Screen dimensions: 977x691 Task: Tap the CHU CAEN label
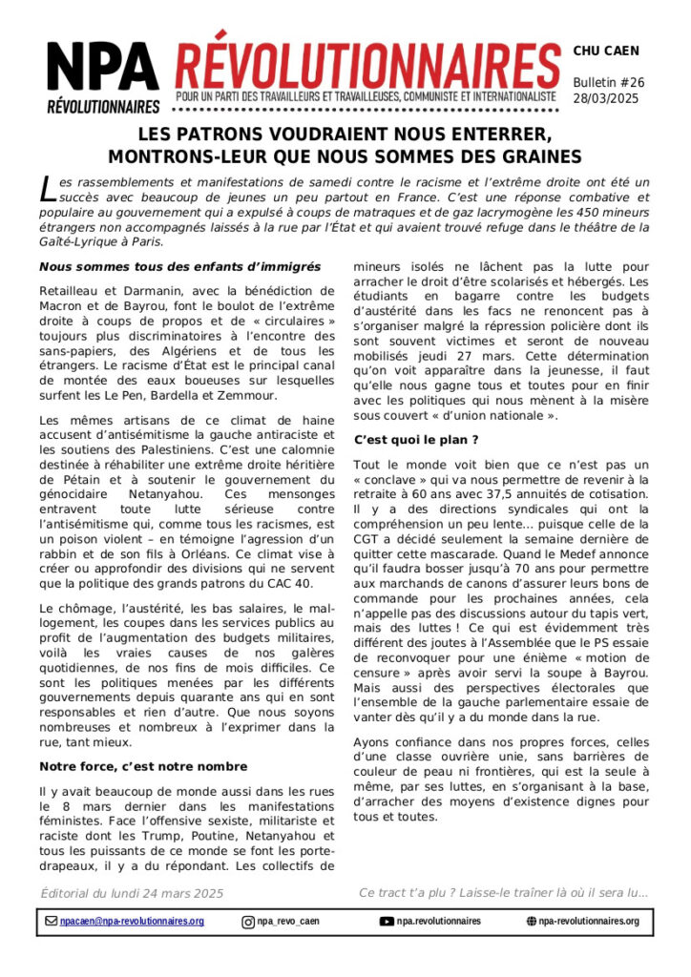pos(606,51)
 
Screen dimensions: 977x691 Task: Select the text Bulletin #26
pos(609,82)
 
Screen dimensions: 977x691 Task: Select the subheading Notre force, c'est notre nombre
pos(143,766)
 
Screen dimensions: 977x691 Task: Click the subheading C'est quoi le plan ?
pos(416,440)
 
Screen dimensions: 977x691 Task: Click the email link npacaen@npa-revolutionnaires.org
pos(132,922)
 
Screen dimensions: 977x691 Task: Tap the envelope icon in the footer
pos(51,922)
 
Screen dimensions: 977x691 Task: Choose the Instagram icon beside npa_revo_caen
pos(248,922)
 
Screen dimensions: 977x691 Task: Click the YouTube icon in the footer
pos(387,922)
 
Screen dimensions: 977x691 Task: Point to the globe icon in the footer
pos(532,922)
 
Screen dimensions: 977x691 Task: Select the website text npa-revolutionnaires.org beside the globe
pos(588,922)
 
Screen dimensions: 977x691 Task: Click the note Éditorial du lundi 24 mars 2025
pos(132,893)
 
